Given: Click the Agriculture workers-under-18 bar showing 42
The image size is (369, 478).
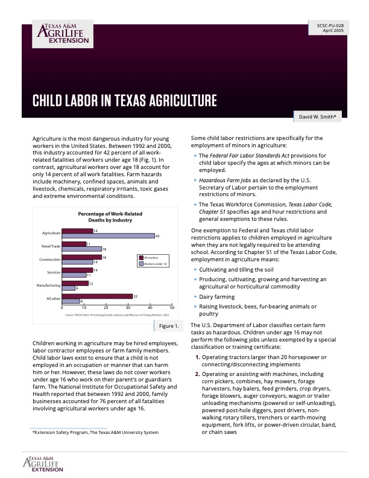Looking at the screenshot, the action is (108, 235).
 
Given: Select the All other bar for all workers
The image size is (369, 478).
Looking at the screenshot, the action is (97, 296).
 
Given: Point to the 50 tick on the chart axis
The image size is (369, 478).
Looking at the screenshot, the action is (172, 308).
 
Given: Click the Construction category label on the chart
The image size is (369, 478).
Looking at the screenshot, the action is (50, 260).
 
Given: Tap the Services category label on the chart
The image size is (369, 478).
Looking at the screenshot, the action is (54, 273).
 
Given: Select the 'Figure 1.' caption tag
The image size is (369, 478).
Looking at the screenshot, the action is (168, 327).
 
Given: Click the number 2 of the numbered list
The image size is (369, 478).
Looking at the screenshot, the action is (197, 374).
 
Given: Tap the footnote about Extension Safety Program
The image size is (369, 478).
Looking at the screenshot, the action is (95, 432).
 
